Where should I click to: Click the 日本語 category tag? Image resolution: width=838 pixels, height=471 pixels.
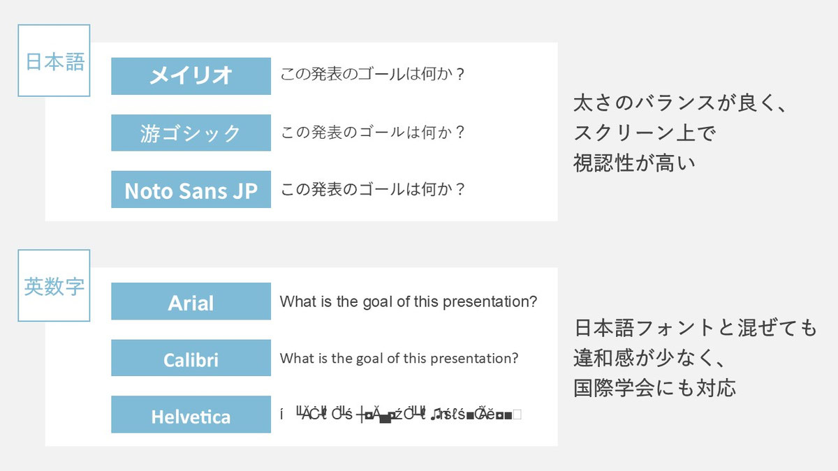(x=54, y=61)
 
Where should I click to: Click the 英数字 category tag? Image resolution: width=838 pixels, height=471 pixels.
(x=54, y=286)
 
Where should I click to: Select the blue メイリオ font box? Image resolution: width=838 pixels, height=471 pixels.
(x=191, y=76)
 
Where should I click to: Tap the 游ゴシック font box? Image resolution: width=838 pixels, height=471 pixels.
(x=191, y=133)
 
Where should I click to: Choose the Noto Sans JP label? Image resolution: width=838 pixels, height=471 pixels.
(x=191, y=190)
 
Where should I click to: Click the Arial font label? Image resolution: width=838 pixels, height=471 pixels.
(x=191, y=302)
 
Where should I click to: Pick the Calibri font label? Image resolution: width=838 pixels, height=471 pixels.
(x=191, y=359)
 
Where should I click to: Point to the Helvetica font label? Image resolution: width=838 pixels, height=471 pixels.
(x=191, y=416)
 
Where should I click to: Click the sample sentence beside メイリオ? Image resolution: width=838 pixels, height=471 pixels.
(x=372, y=75)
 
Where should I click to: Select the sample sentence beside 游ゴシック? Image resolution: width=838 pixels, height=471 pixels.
(x=372, y=132)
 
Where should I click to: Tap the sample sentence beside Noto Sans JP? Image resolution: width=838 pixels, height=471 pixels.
(x=372, y=189)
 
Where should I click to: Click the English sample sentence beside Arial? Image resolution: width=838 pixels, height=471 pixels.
(x=408, y=302)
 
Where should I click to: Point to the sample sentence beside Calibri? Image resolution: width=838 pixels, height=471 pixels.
(x=399, y=359)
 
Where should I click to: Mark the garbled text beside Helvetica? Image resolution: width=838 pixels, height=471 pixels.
(x=400, y=415)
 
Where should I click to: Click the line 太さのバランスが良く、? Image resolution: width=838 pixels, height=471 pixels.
(x=679, y=103)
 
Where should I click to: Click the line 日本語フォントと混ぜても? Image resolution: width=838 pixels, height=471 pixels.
(x=695, y=327)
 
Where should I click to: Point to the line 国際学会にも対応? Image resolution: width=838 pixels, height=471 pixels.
(x=654, y=387)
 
